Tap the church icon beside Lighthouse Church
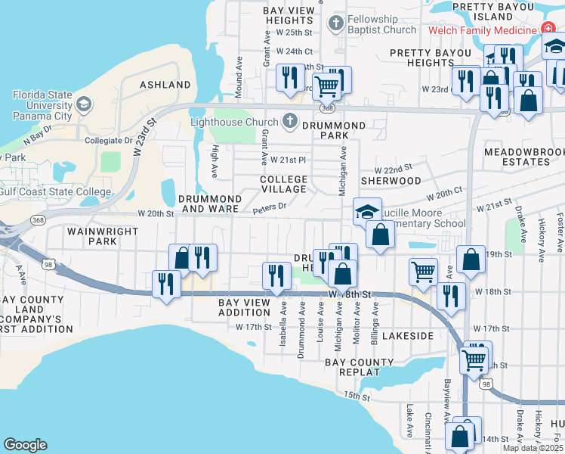[288, 121]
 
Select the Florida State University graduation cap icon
[84, 102]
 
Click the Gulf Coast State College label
[56, 191]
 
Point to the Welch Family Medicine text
[482, 30]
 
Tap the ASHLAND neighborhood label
[165, 85]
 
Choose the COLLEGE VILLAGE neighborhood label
[283, 185]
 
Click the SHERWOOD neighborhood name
[391, 182]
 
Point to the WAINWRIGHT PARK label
[91, 236]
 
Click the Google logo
[25, 445]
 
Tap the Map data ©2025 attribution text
[532, 448]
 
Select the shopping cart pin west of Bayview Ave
[422, 270]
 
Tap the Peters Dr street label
[270, 207]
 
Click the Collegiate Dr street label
[103, 141]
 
